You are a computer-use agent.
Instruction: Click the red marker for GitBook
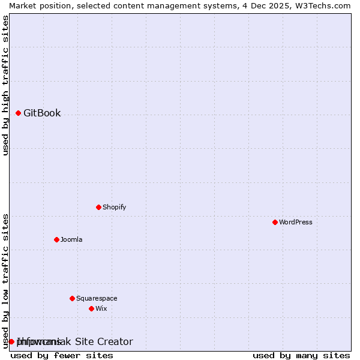[18, 113]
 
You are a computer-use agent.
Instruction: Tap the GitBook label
[42, 113]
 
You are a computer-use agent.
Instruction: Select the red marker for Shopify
[98, 207]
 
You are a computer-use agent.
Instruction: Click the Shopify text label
[114, 208]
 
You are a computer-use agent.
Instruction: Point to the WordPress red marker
[275, 222]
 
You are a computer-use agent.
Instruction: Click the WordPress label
[296, 223]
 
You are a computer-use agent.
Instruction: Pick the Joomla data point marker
[56, 239]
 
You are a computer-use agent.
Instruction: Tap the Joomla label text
[71, 240]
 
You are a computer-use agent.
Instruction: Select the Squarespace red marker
[72, 298]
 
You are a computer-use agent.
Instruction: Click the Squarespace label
[97, 299]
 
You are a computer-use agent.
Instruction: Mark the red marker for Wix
[91, 308]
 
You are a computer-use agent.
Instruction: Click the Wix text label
[101, 309]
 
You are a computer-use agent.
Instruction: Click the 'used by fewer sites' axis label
[62, 355]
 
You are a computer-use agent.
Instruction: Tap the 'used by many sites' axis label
[301, 355]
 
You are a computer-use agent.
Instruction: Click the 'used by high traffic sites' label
[5, 85]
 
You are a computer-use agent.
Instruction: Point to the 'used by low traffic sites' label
[5, 280]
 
